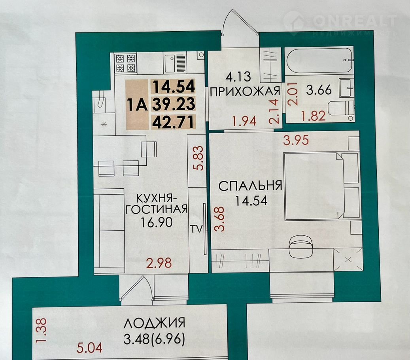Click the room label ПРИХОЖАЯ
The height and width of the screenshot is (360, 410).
(x=245, y=91)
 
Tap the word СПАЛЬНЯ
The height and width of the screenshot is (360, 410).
(x=250, y=186)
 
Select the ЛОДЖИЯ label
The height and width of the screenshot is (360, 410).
(x=154, y=323)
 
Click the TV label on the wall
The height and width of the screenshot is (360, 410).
(x=196, y=229)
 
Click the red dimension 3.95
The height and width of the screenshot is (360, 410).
(x=296, y=140)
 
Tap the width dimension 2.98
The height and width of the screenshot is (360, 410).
(x=159, y=263)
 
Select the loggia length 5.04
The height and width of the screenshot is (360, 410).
(x=89, y=348)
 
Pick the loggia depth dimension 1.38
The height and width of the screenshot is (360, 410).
(x=42, y=330)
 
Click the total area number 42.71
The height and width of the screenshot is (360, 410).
(x=174, y=122)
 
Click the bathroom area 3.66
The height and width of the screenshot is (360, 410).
(x=319, y=90)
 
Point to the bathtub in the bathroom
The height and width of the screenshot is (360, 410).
(x=320, y=60)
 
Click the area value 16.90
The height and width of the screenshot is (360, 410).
(x=157, y=222)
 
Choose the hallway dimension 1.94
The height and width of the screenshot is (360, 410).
(x=244, y=121)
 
